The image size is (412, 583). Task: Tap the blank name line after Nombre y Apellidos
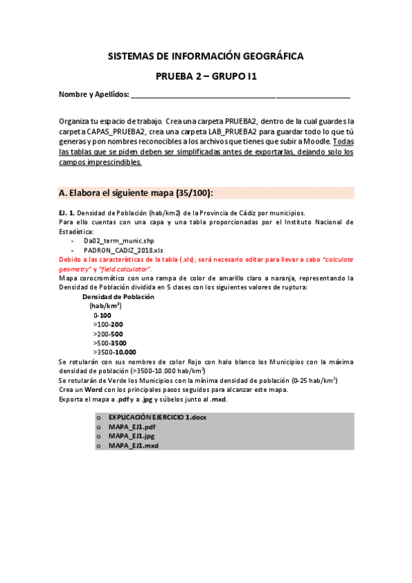[x=241, y=95]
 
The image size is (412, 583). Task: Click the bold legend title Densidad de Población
[x=118, y=296]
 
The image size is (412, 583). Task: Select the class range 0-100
[x=102, y=315]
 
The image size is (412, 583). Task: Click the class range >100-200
[x=108, y=324]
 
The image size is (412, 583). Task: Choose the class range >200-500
[x=108, y=333]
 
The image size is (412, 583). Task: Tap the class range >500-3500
[x=110, y=342]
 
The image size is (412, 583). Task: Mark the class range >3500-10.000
[x=114, y=351]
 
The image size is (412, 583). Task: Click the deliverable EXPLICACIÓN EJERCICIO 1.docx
[x=157, y=417]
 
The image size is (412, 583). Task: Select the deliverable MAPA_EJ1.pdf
[x=127, y=427]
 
